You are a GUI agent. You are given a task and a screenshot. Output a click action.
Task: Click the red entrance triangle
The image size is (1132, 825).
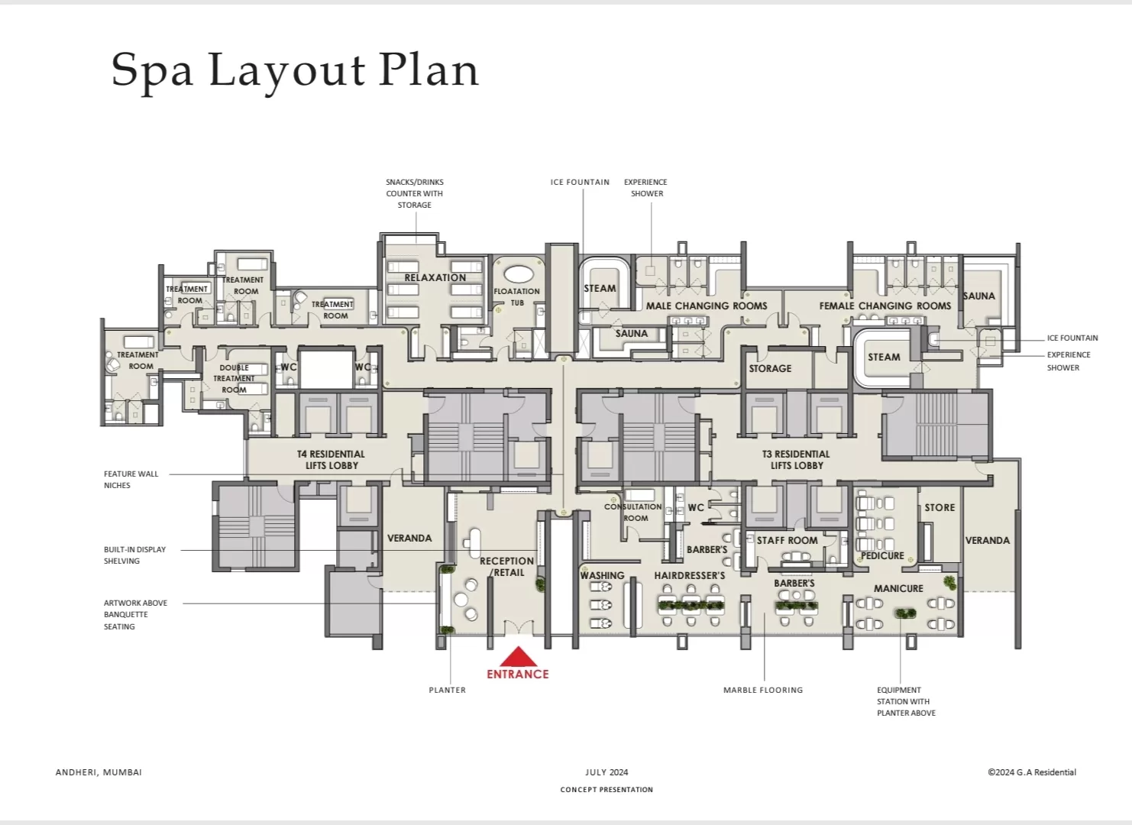pos(518,656)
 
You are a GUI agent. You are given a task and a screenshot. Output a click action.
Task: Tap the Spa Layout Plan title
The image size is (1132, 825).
pos(295,72)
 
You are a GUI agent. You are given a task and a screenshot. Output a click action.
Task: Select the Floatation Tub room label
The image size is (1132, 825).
pos(516,296)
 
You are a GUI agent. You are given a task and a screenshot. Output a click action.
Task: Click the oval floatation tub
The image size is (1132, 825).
pos(518,274)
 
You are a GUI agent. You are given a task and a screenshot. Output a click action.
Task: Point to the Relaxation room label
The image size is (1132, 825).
pos(435,277)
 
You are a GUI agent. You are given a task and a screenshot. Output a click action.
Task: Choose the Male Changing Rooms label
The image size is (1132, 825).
pos(707,306)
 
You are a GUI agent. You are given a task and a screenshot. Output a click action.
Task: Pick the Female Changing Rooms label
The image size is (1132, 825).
pos(885,306)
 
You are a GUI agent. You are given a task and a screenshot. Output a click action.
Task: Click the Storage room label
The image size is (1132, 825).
pos(770,368)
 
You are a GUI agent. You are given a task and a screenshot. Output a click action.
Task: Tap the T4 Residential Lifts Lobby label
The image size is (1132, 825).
pos(331,460)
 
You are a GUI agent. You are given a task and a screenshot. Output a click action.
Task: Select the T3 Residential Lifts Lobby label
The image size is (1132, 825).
pos(796,460)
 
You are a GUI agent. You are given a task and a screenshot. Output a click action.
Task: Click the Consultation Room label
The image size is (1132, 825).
pos(633,512)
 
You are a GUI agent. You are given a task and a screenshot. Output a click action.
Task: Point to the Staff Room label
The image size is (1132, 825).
pos(787,540)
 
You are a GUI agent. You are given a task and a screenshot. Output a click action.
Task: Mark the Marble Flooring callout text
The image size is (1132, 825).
pos(763,690)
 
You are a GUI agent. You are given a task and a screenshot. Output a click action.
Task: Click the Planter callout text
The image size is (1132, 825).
pos(448,690)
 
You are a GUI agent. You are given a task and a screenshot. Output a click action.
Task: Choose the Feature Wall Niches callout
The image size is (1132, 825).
pos(131,479)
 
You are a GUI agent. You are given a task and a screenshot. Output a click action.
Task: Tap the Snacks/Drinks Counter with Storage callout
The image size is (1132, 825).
pos(415,193)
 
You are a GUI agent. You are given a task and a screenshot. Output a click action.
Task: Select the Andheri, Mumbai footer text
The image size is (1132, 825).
pos(99,772)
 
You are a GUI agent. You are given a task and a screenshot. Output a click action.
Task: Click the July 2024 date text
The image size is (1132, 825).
pos(606,772)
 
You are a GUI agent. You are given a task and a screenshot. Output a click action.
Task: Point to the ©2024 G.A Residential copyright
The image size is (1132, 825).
pos(1032,772)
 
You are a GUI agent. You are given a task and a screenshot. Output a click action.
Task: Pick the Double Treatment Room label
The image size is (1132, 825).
pos(234,379)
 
